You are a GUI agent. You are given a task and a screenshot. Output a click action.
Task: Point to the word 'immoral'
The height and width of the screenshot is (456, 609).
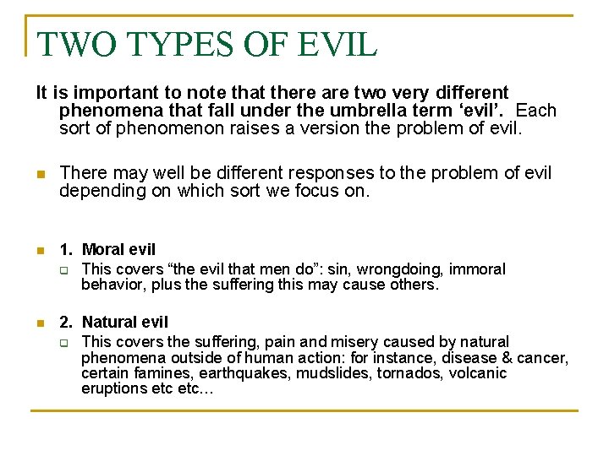tap(477, 269)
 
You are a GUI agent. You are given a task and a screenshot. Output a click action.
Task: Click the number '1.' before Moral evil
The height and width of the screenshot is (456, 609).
tap(66, 250)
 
